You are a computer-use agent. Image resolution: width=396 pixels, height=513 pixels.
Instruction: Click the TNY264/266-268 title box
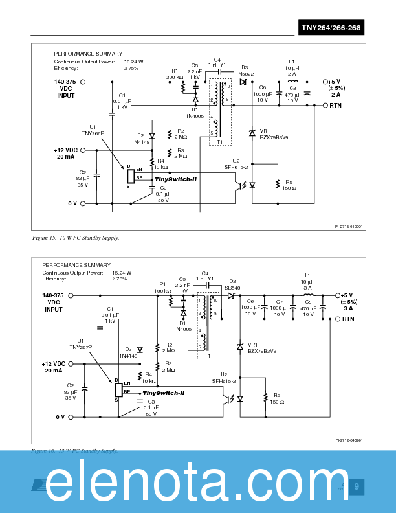coord(331,27)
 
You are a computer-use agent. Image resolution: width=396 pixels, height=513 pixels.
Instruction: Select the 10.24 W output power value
coord(134,62)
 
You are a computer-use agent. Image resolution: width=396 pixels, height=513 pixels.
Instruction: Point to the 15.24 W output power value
coord(122,273)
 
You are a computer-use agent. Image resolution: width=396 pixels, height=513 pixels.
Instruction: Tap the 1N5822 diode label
coord(245,74)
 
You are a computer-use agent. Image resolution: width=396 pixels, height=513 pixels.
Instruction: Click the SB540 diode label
coord(232,287)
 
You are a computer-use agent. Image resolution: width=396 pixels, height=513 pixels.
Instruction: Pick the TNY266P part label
coord(93,133)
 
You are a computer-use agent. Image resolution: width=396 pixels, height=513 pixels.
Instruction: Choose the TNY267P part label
coord(81,347)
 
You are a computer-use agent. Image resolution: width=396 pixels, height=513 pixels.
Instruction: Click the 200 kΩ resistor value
coord(175,77)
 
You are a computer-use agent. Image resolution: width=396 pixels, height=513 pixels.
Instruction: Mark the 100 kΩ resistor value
coord(162,291)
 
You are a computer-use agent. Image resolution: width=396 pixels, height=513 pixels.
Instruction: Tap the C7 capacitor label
coord(280,302)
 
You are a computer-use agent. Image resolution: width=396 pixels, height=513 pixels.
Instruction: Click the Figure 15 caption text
coord(76,238)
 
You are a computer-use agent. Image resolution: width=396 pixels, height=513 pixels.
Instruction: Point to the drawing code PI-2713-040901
coord(349,227)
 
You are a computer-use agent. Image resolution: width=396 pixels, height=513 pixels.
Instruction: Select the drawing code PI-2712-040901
coord(349,440)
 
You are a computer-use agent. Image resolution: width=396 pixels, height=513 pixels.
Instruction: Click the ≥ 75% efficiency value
coord(131,68)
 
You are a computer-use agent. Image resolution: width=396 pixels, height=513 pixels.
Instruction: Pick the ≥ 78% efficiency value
coord(120,279)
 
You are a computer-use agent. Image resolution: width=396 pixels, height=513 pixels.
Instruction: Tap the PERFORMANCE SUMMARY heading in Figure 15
coord(88,54)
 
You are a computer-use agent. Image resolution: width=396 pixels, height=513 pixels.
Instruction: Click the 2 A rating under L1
coord(291,74)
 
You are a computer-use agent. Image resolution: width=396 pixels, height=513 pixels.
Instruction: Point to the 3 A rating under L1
coord(307,288)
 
